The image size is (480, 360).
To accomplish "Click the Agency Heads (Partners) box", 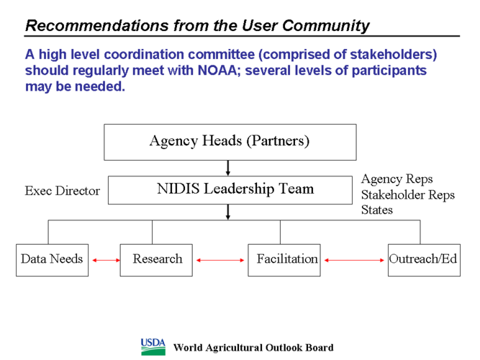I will [x=230, y=142].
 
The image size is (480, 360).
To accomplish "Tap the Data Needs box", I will [x=52, y=259].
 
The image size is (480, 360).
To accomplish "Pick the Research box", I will [x=157, y=259].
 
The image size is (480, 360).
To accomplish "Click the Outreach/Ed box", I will [x=423, y=259].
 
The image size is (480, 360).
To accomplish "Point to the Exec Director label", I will [x=61, y=192].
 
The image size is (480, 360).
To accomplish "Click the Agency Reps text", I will [x=397, y=179].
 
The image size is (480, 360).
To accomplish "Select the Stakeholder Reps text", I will [x=407, y=195].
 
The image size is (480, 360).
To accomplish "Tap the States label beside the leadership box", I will [x=376, y=210].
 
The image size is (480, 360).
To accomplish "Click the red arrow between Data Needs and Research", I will [x=104, y=260].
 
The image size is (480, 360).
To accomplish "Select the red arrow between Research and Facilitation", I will [x=220, y=260].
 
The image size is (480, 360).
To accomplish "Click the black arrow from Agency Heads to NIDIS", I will [x=229, y=168].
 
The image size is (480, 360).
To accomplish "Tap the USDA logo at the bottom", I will [x=153, y=346].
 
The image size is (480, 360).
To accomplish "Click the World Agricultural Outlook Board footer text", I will [x=253, y=348].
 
